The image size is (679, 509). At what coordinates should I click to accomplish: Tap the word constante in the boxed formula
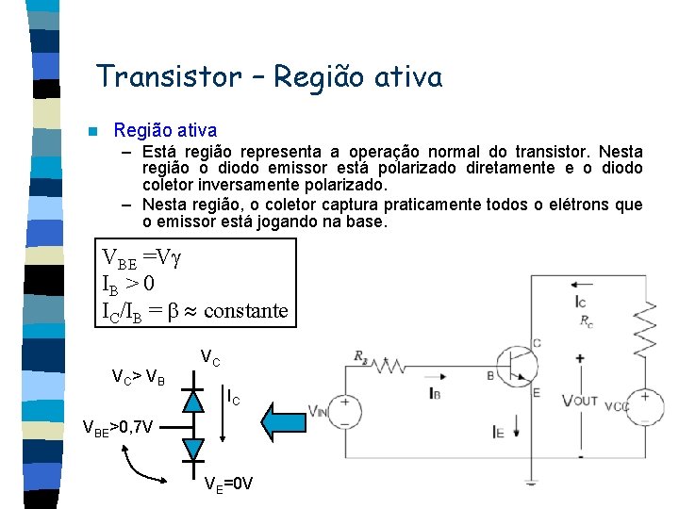pos(245,310)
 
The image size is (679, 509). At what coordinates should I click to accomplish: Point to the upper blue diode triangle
pos(193,400)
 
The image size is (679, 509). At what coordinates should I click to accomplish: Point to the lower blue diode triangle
pos(193,449)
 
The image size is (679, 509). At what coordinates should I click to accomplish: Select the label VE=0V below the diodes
pos(229,484)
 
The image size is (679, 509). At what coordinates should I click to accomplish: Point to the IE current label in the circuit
pos(498,432)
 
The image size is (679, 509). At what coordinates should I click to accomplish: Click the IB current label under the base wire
pos(433,391)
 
